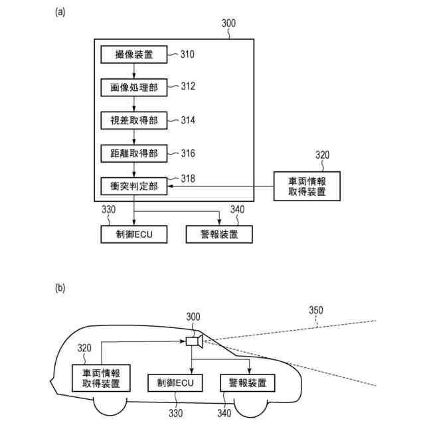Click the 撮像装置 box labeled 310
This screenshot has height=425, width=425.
click(134, 54)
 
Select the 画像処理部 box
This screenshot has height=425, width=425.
click(134, 87)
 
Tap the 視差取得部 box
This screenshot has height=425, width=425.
click(134, 120)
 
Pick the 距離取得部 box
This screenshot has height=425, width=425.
click(134, 153)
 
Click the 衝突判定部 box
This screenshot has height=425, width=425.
click(134, 187)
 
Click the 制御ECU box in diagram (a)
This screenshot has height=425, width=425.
click(134, 234)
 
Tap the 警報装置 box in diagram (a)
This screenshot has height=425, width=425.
click(219, 234)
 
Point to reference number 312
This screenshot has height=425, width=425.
click(189, 86)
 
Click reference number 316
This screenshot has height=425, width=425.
click(189, 153)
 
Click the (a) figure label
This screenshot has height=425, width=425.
click(60, 12)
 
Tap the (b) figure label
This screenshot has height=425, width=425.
click(60, 288)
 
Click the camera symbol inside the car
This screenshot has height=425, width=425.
click(194, 341)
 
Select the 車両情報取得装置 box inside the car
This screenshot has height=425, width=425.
click(100, 377)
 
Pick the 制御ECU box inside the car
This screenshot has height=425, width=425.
click(175, 382)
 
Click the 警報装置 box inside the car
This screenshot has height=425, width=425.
click(248, 382)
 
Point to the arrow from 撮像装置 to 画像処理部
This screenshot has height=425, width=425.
click(134, 70)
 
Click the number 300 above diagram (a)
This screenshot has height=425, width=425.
click(228, 23)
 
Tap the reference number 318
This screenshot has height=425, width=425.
click(189, 178)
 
